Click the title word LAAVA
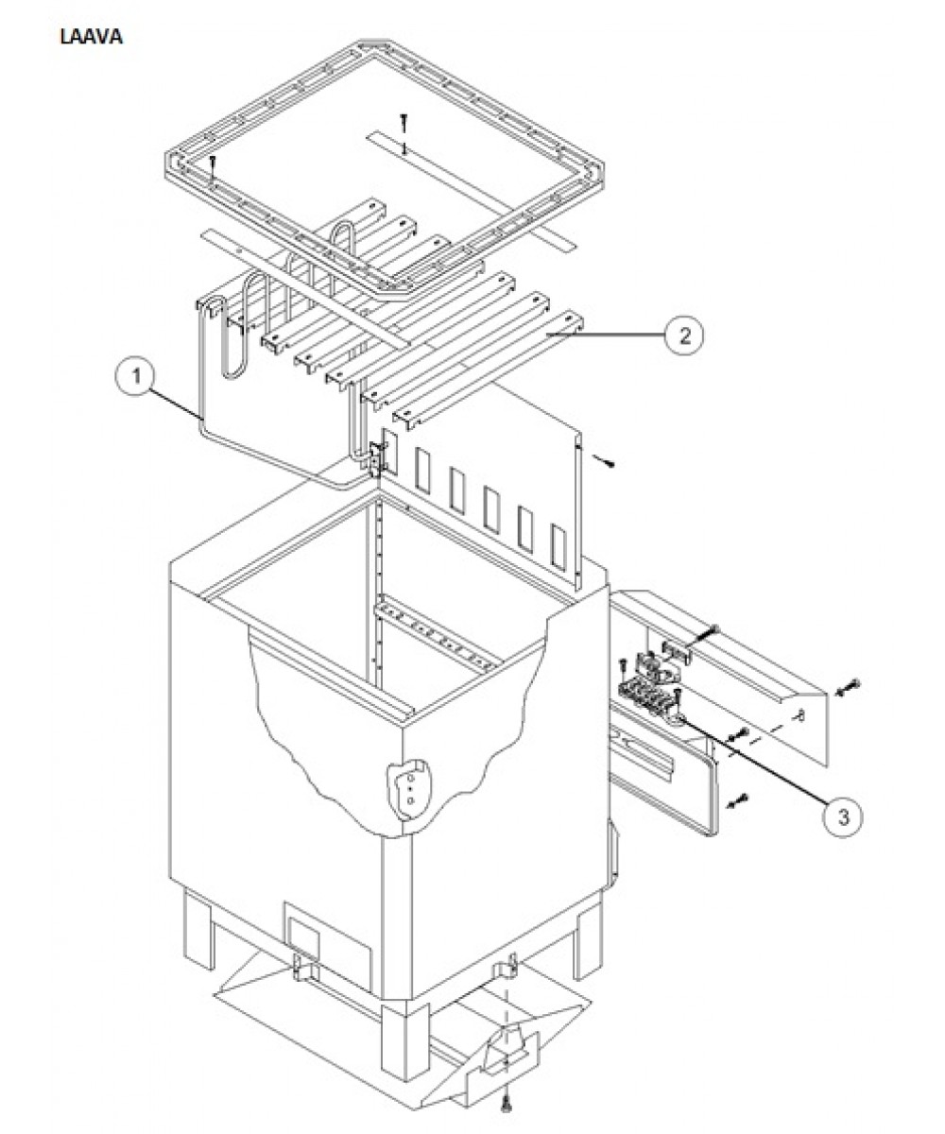point(92,37)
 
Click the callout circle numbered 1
point(136,376)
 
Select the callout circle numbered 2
point(684,335)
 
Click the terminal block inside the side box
point(647,696)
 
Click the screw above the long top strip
point(403,124)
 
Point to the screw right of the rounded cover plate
point(739,800)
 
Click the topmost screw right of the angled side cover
point(849,689)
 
